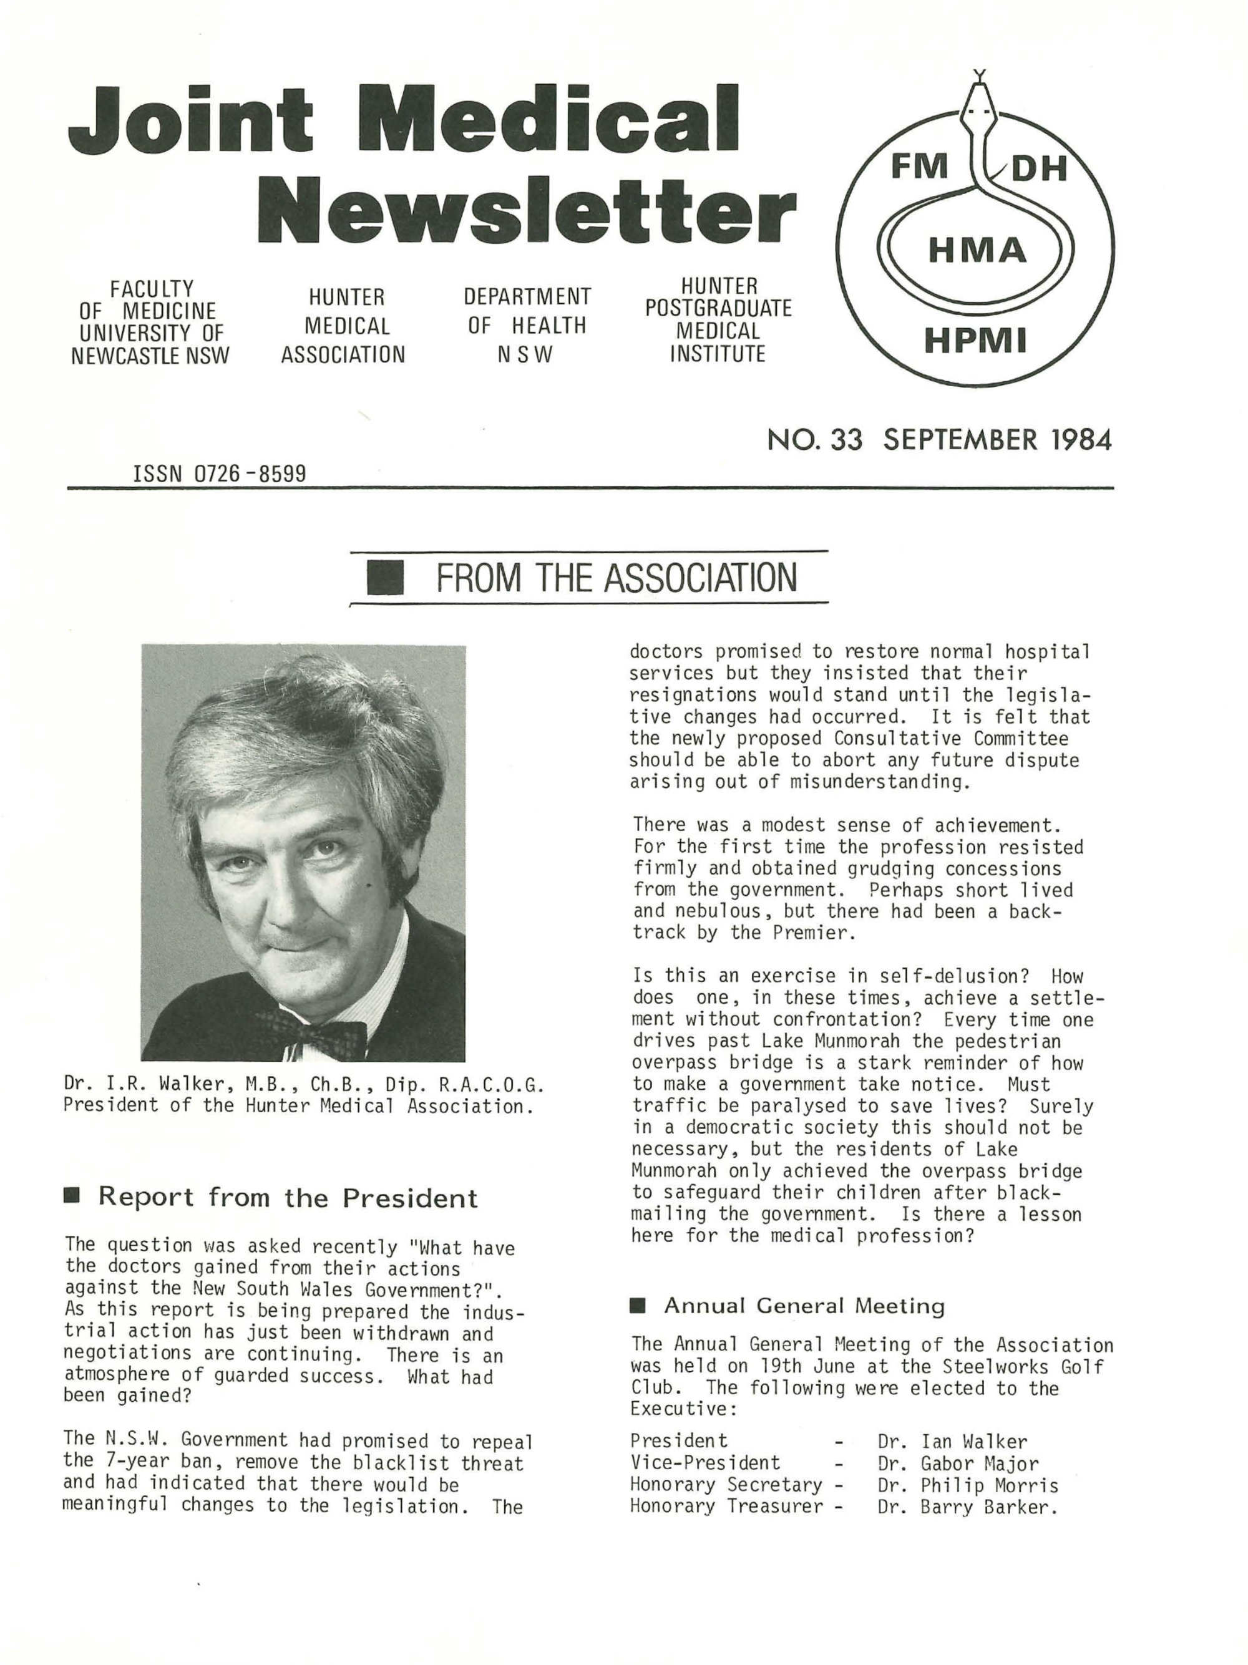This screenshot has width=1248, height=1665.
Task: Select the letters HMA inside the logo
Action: pyautogui.click(x=977, y=250)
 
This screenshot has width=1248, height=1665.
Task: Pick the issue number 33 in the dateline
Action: pyautogui.click(x=846, y=440)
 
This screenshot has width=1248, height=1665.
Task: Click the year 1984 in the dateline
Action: pyautogui.click(x=1081, y=440)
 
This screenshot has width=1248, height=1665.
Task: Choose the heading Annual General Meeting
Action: pyautogui.click(x=803, y=1305)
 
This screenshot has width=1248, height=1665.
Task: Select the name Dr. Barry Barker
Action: pyautogui.click(x=967, y=1507)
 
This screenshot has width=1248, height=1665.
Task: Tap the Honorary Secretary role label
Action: pyautogui.click(x=726, y=1485)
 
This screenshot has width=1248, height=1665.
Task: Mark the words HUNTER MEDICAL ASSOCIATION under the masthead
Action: pyautogui.click(x=343, y=326)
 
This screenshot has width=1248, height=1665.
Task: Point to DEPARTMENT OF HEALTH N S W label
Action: pyautogui.click(x=527, y=325)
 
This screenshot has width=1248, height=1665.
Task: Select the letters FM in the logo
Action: pyautogui.click(x=919, y=167)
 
